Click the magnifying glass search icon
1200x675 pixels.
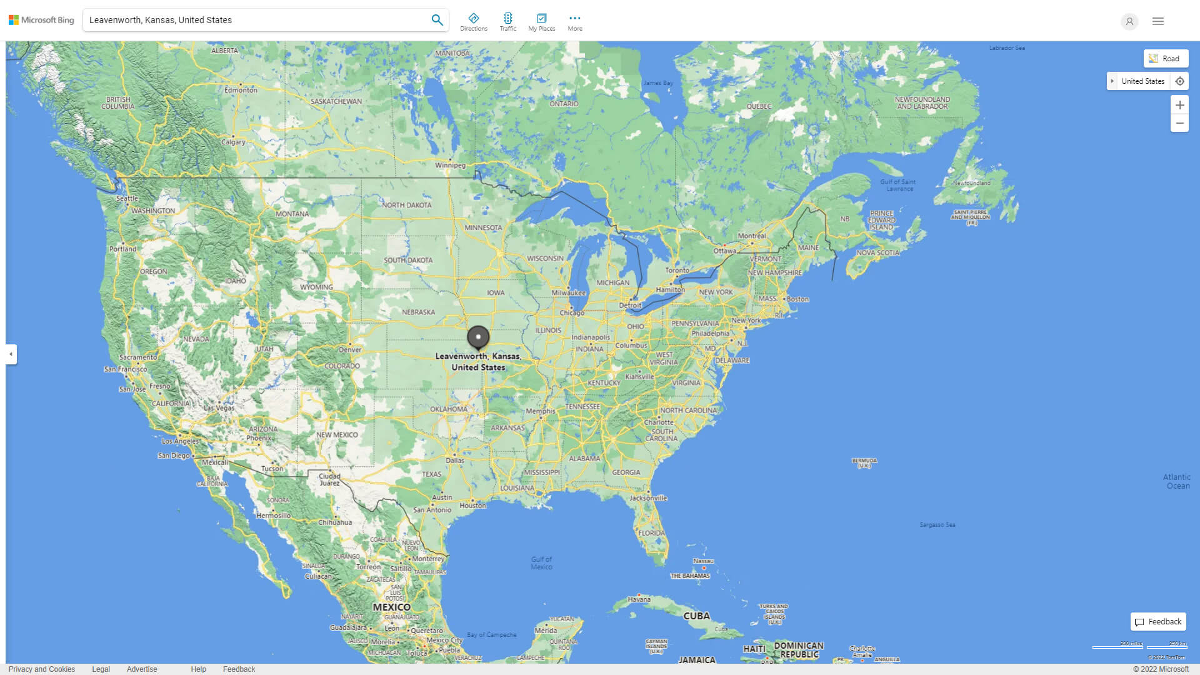pos(437,20)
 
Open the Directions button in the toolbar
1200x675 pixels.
pos(474,22)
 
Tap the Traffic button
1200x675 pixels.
pos(508,22)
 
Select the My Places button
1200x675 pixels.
pos(541,22)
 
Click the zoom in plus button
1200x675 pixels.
pos(1179,105)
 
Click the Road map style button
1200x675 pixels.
pos(1166,59)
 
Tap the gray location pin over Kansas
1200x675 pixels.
pos(478,337)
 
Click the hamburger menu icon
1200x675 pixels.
pos(1158,21)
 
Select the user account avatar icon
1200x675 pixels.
pos(1129,21)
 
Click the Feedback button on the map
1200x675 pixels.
pos(1158,622)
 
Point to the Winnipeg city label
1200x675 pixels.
pos(450,166)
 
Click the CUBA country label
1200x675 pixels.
pos(696,616)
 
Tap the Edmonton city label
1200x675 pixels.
pos(241,90)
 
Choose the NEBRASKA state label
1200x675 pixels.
pos(418,312)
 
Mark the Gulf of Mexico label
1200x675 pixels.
pos(541,563)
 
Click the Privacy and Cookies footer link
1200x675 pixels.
pos(42,669)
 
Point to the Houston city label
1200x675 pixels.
pos(472,506)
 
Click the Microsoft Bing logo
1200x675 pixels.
pos(41,20)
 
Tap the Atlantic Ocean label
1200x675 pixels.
pos(1177,481)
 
